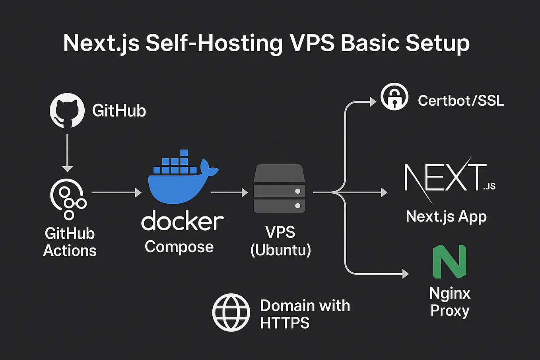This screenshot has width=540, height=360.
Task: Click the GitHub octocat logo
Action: tap(67, 111)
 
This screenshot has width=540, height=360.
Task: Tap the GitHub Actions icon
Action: tap(68, 198)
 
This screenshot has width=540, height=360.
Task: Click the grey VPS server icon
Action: tap(280, 189)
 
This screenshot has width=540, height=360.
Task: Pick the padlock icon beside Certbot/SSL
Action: tap(394, 97)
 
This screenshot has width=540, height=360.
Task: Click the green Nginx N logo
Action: tap(449, 261)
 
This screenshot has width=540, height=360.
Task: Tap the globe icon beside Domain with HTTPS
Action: tap(231, 313)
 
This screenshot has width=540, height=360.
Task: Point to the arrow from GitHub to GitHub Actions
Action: tap(67, 153)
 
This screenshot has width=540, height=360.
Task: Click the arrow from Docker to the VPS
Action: tap(229, 193)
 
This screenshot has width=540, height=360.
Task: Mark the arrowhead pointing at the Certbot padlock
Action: tap(373, 102)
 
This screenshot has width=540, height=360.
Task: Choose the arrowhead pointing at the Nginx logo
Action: tap(405, 274)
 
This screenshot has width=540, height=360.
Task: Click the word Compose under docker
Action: tap(179, 247)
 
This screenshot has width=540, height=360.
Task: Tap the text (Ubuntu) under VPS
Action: tap(280, 250)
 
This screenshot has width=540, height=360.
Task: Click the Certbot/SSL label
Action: tap(460, 100)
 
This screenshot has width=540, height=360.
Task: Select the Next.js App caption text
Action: tap(446, 217)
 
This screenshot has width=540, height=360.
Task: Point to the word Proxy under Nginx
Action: tap(450, 310)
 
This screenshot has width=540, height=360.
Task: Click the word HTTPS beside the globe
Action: tap(284, 323)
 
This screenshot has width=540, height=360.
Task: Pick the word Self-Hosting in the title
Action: tap(214, 43)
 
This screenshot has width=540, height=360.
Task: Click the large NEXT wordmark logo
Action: tap(445, 178)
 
